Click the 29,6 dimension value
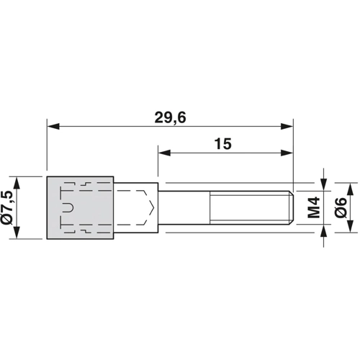(170, 118)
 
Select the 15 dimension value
(223, 144)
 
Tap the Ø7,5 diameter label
(7, 208)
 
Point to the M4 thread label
(314, 207)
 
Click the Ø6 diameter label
(341, 208)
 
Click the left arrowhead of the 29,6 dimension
(53, 126)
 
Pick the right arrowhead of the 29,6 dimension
(287, 126)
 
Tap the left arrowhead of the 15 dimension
(164, 153)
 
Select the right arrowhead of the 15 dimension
(287, 153)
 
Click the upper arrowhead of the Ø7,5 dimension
(17, 183)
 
